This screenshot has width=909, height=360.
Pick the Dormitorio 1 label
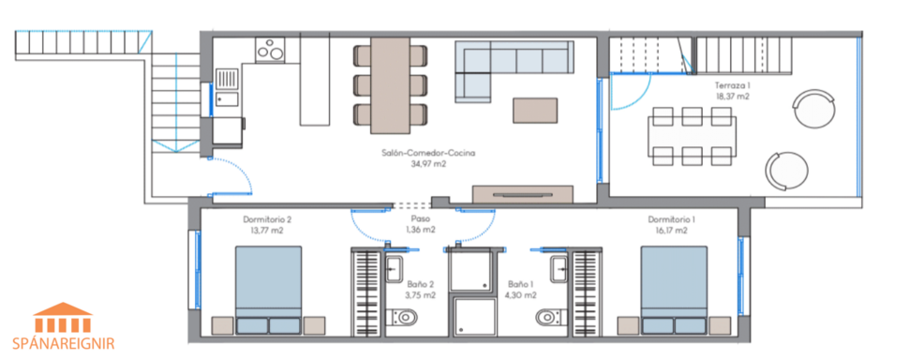(671, 219)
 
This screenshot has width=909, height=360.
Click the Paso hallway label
(421, 219)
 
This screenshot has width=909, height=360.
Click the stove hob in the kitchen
(271, 49)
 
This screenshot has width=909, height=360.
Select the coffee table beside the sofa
(534, 111)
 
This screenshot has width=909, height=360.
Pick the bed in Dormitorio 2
(268, 289)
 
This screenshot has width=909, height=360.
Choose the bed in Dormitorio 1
(674, 289)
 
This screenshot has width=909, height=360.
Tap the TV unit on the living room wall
(523, 194)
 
